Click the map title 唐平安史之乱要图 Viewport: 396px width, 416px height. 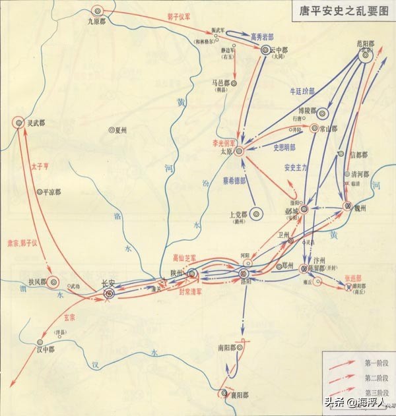[340, 13]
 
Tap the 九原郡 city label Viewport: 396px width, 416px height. [98, 21]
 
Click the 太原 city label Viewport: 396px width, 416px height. [227, 152]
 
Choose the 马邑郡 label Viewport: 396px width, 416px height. [220, 83]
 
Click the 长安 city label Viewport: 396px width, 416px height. [107, 284]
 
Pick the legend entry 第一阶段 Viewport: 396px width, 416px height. [374, 362]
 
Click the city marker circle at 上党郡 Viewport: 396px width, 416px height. [257, 213]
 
